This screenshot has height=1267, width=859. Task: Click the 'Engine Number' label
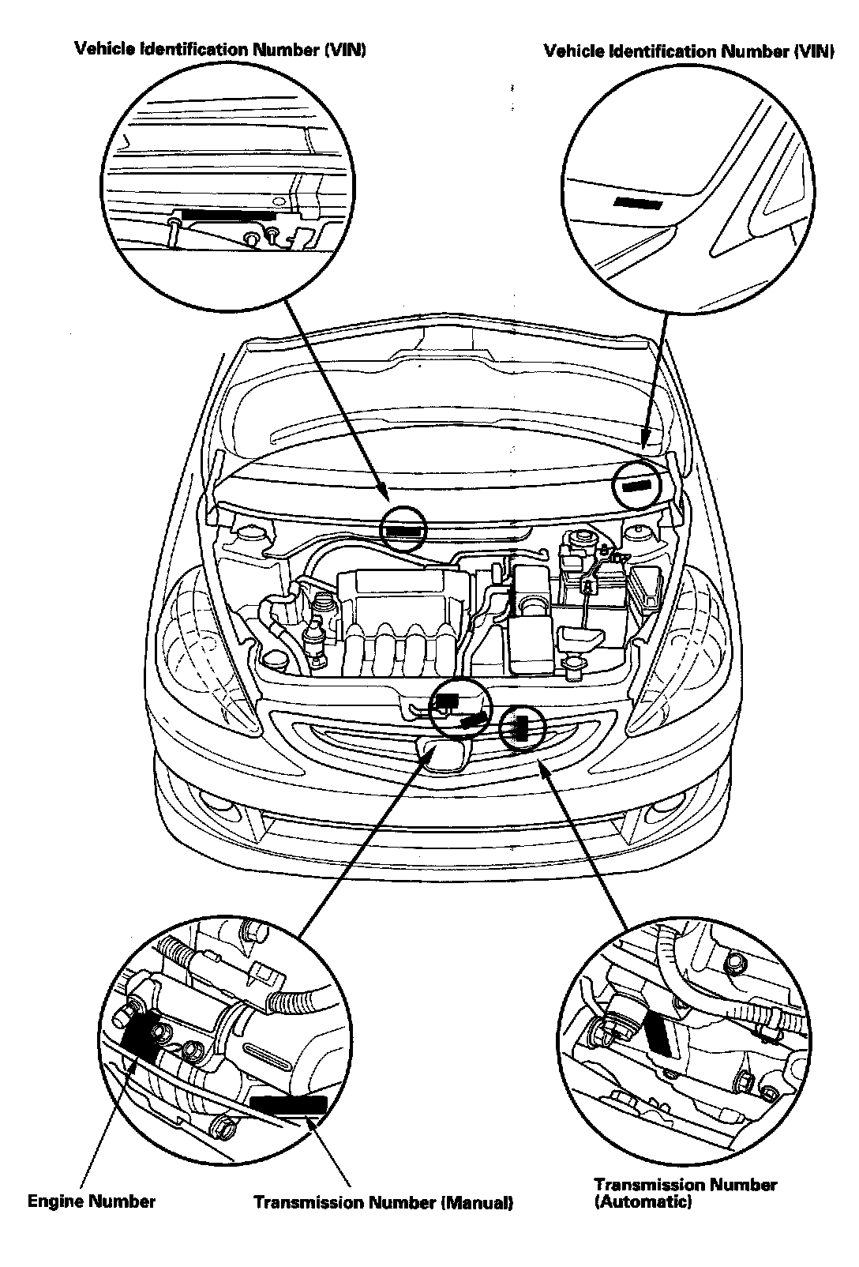point(92,1201)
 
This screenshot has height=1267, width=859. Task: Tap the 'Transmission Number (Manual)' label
point(383,1203)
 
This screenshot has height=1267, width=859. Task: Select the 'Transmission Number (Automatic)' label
point(685,1193)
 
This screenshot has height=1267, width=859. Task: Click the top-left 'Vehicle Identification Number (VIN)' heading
point(220,50)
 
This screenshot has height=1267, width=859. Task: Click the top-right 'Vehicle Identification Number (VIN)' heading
point(688,51)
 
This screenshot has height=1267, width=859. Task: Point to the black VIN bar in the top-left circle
point(227,214)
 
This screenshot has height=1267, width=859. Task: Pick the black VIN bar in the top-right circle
point(638,203)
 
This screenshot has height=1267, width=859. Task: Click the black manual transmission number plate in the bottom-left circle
point(288,1104)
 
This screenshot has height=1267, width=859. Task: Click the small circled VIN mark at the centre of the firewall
point(403,528)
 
